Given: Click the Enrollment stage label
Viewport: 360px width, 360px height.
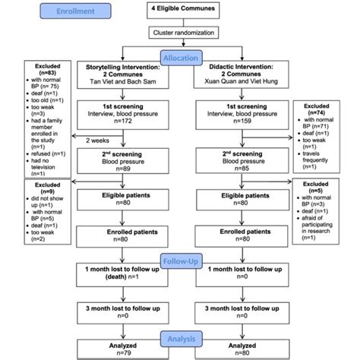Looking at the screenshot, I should click(71, 12).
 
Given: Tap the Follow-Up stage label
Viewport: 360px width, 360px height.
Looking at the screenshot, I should click(180, 258).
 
